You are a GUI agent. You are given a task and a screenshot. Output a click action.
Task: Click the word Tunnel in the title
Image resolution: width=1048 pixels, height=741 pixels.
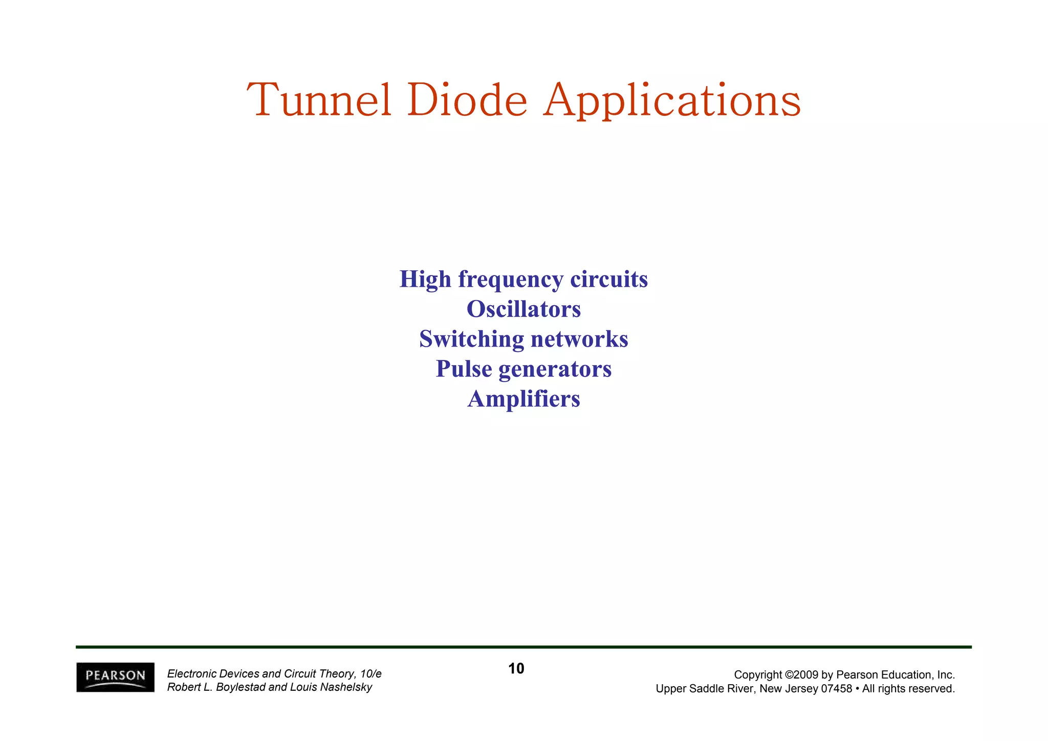(319, 100)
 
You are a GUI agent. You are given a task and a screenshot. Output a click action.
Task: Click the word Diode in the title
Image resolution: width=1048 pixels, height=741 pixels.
(467, 100)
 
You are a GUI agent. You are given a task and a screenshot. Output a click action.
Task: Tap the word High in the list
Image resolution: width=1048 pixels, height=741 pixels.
(425, 280)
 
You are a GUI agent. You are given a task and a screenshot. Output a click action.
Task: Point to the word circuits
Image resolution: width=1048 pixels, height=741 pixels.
(609, 280)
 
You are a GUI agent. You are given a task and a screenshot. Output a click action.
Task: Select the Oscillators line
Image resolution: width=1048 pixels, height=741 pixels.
(523, 309)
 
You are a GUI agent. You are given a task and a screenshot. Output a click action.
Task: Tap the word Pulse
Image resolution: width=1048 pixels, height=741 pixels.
(464, 369)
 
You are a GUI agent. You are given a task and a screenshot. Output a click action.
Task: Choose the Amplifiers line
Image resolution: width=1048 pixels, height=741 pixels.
(523, 399)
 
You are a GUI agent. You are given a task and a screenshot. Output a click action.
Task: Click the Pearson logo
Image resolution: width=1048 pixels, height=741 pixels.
(115, 677)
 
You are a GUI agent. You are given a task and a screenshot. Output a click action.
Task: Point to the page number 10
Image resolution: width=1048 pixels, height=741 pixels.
(516, 668)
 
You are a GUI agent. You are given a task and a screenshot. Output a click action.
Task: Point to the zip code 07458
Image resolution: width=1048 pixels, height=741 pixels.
(836, 689)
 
